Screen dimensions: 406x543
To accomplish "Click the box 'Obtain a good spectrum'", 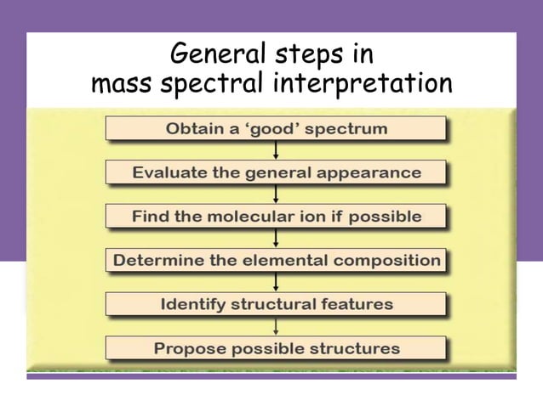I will pyautogui.click(x=276, y=129).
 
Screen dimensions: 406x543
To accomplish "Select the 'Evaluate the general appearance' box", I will pyautogui.click(x=276, y=172).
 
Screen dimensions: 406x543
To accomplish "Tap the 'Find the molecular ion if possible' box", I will pyautogui.click(x=276, y=217).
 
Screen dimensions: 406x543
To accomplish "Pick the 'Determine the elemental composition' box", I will pyautogui.click(x=276, y=260).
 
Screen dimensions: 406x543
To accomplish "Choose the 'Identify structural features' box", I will pyautogui.click(x=276, y=304).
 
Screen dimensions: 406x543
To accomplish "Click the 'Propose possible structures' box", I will pyautogui.click(x=276, y=348).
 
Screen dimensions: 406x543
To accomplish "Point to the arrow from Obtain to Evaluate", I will pyautogui.click(x=276, y=150).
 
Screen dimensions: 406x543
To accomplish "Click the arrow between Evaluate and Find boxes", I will pyautogui.click(x=276, y=195).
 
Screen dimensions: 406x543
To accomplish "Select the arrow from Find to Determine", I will pyautogui.click(x=276, y=238).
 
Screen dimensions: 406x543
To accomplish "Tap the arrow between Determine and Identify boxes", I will pyautogui.click(x=276, y=282).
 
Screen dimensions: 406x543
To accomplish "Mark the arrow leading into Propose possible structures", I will pyautogui.click(x=276, y=326).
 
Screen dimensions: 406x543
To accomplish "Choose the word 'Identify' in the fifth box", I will pyautogui.click(x=195, y=304).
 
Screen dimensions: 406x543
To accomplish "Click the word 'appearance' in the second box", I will pyautogui.click(x=370, y=172).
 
